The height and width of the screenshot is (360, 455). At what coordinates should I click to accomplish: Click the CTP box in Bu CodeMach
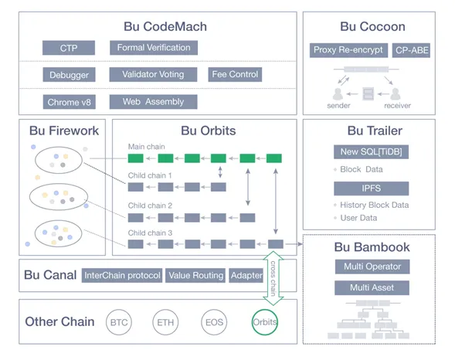pyautogui.click(x=69, y=48)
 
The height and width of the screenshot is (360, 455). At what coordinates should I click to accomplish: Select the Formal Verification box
pyautogui.click(x=154, y=48)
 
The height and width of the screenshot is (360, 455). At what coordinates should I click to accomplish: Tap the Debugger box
pyautogui.click(x=69, y=75)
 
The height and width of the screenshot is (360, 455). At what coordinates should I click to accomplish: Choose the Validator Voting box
pyautogui.click(x=153, y=75)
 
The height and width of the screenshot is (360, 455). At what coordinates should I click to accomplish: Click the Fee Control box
pyautogui.click(x=235, y=75)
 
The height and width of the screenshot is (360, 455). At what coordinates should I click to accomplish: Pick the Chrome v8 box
pyautogui.click(x=70, y=102)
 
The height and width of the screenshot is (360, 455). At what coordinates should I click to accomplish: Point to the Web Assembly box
pyautogui.click(x=153, y=102)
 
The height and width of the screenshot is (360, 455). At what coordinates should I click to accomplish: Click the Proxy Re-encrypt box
pyautogui.click(x=348, y=50)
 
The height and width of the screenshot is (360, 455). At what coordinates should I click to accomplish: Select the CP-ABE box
pyautogui.click(x=411, y=50)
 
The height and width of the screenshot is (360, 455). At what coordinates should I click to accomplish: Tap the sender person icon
pyautogui.click(x=338, y=93)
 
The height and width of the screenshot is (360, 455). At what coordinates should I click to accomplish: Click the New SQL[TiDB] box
pyautogui.click(x=371, y=151)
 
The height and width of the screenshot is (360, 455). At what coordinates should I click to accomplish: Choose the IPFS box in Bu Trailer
pyautogui.click(x=371, y=188)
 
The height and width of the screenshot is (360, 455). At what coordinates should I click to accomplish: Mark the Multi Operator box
pyautogui.click(x=372, y=267)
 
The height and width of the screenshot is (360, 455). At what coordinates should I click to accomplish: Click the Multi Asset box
pyautogui.click(x=372, y=287)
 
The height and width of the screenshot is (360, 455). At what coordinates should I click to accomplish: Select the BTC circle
pyautogui.click(x=119, y=322)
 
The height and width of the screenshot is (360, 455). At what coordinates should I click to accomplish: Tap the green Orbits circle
pyautogui.click(x=265, y=322)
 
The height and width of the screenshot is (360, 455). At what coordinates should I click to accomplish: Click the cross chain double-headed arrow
pyautogui.click(x=273, y=278)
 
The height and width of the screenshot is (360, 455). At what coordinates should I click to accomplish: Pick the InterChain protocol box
pyautogui.click(x=122, y=275)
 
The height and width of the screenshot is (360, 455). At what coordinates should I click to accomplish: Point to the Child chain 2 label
pyautogui.click(x=150, y=205)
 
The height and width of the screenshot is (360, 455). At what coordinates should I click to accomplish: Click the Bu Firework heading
pyautogui.click(x=64, y=131)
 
